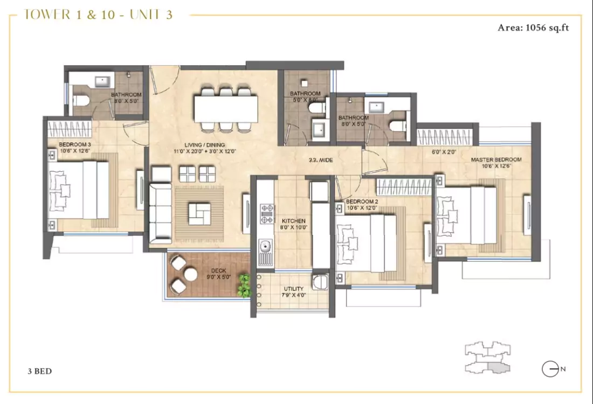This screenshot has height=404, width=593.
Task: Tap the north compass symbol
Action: [550, 369]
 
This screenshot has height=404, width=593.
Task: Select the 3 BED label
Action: [39, 371]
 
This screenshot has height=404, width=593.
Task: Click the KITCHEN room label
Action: [294, 221]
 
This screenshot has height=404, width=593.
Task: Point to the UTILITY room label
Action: [293, 289]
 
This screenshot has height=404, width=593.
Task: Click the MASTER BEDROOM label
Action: [496, 159]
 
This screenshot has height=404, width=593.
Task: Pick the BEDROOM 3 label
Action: [74, 144]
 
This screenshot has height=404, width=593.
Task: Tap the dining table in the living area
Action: [226, 109]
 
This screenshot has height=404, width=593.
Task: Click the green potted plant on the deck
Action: [244, 285]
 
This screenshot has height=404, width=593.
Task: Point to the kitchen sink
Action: [265, 248]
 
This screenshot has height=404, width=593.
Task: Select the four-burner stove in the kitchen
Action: [266, 213]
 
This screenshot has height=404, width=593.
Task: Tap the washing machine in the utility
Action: [320, 282]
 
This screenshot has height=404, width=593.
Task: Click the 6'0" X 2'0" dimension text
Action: [444, 152]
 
